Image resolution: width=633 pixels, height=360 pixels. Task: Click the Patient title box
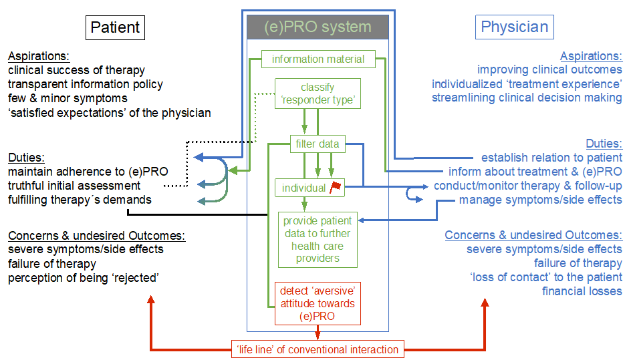(x=115, y=27)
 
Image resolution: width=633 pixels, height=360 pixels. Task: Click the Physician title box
(x=515, y=27)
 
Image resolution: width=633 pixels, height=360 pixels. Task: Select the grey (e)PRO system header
(x=318, y=27)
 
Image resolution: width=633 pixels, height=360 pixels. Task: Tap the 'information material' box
(x=318, y=59)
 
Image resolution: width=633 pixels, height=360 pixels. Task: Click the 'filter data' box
(x=318, y=143)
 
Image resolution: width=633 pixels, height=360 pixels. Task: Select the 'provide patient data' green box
(x=318, y=239)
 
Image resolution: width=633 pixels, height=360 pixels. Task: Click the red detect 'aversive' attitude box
(x=318, y=303)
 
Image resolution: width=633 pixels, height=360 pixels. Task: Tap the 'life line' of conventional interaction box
(x=318, y=349)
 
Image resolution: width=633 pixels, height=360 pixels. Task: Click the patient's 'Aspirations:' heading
(x=39, y=56)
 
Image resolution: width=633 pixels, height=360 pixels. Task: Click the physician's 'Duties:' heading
(x=604, y=144)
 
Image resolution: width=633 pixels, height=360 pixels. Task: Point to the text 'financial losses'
(x=582, y=291)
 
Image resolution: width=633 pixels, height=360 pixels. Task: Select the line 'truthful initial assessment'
(x=74, y=186)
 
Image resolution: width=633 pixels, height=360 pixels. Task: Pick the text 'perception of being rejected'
(x=83, y=277)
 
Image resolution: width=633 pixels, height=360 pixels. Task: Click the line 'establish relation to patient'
(x=551, y=158)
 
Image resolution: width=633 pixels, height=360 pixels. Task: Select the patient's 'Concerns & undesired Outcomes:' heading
(x=96, y=236)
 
